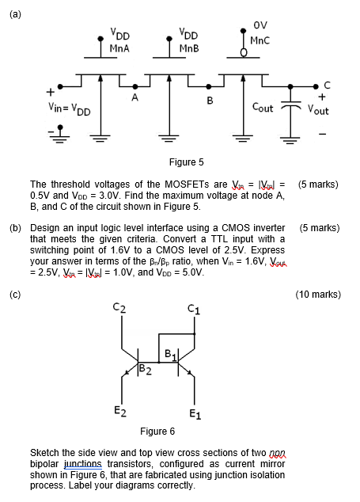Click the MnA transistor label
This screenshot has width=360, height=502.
(x=119, y=48)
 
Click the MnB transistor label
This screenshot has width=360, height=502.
(x=188, y=48)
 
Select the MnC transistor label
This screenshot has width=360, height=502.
(x=260, y=39)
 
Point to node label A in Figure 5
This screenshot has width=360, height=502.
(x=135, y=98)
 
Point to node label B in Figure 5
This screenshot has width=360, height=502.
(x=210, y=100)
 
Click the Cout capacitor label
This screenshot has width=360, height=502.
(x=263, y=107)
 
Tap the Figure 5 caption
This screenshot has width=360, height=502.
(x=187, y=162)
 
